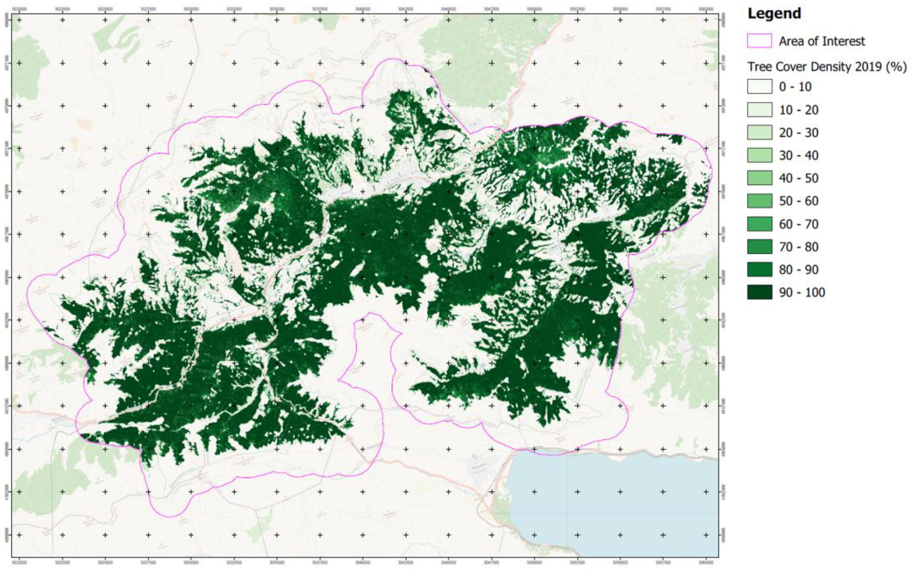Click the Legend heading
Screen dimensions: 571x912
click(774, 13)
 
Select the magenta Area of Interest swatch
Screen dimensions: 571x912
click(759, 41)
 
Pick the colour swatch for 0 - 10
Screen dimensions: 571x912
click(759, 87)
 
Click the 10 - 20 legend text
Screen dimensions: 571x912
click(799, 110)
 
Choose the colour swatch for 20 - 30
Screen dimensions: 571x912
click(759, 132)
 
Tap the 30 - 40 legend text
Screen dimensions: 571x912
click(799, 155)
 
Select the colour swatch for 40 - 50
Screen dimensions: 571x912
click(759, 178)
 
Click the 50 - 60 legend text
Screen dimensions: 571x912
click(799, 201)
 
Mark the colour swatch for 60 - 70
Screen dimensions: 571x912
click(759, 224)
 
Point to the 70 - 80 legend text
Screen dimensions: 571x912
click(799, 247)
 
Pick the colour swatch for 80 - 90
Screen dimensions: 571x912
click(759, 270)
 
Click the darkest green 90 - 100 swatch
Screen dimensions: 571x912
click(759, 292)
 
